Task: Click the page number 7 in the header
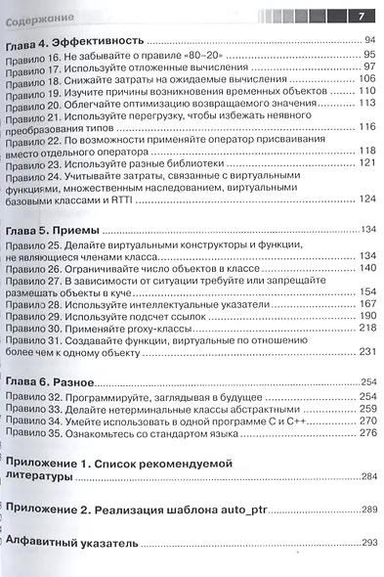point(361,14)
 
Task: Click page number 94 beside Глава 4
point(368,41)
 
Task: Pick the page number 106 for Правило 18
point(367,79)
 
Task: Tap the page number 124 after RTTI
point(367,199)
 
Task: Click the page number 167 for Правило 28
point(367,304)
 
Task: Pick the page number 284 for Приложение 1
point(368,476)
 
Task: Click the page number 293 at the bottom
point(368,543)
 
